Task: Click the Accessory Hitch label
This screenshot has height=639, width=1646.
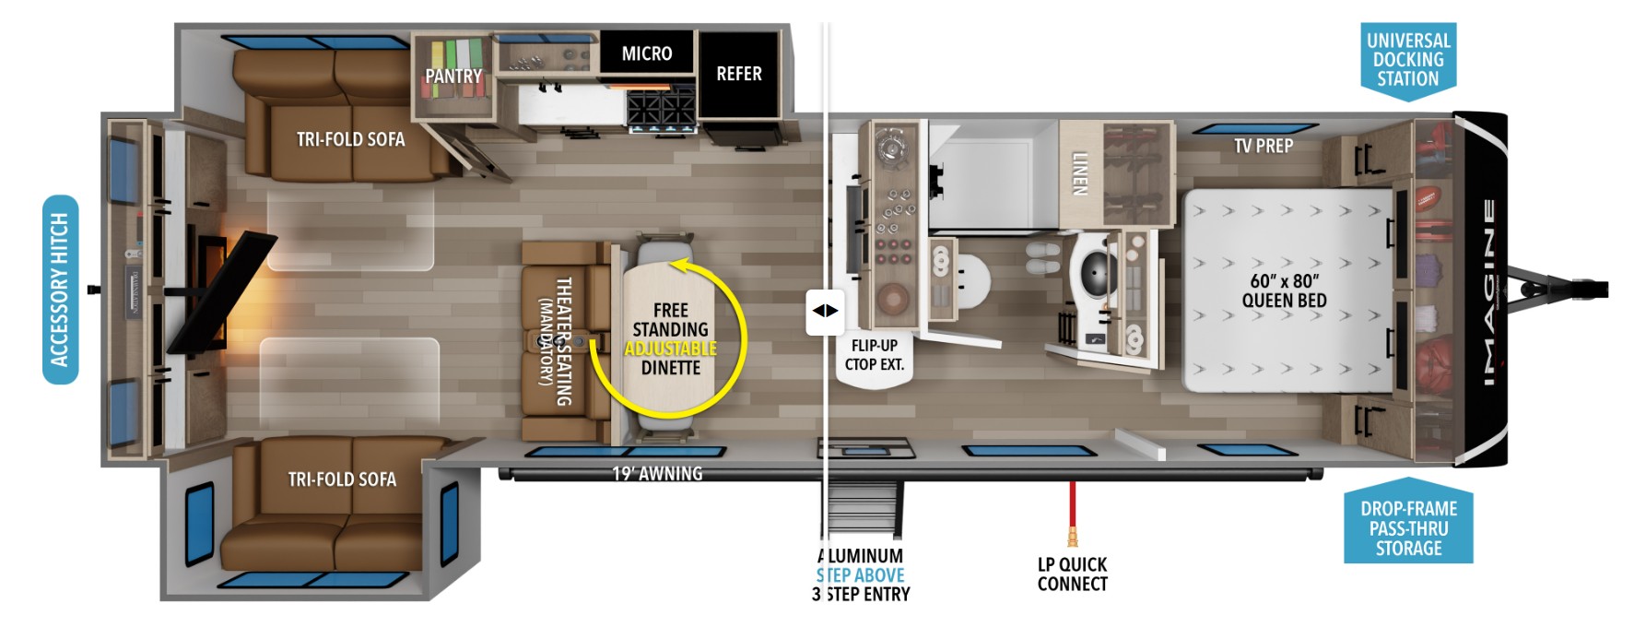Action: click(60, 290)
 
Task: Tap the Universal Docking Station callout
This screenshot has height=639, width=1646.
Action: click(1408, 60)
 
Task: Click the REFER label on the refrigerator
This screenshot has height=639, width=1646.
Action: click(739, 74)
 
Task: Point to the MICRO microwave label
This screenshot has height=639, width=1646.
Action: click(647, 53)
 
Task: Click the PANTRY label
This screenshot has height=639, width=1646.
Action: click(453, 76)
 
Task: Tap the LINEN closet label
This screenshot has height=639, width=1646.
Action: click(1080, 173)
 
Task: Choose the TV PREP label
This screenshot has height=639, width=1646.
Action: click(1264, 146)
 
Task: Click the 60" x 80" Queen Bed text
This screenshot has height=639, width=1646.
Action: click(1285, 290)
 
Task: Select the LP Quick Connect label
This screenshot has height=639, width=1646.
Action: click(1072, 574)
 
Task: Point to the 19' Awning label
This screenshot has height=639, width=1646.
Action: click(657, 474)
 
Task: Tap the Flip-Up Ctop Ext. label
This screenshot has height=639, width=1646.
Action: click(875, 355)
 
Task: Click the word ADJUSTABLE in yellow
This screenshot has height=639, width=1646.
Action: click(671, 349)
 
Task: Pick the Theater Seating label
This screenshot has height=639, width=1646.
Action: click(555, 341)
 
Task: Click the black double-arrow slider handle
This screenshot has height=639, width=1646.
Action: click(825, 311)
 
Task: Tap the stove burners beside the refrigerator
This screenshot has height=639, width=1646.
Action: click(661, 110)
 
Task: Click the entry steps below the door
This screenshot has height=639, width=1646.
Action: click(862, 512)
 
